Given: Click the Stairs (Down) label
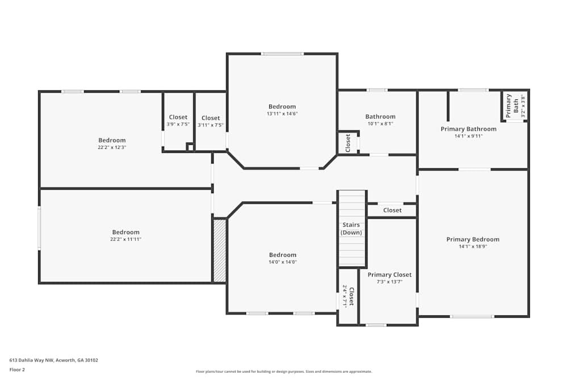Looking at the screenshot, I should coord(351,228).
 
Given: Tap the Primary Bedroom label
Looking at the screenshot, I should coord(473,239).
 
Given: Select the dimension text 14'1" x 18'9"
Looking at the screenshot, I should coord(473,247).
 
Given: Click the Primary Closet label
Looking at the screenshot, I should coord(389,274).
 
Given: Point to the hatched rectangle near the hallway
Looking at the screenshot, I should coord(219,251).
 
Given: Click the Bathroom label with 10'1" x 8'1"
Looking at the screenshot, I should coord(380,116).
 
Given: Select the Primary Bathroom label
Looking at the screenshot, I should coord(468,129).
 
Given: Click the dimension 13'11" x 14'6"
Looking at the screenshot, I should coord(282,114).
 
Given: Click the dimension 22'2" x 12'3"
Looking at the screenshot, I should coord(112,147).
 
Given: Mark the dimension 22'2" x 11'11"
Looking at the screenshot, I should coord(126,239).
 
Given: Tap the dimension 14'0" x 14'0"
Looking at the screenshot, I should coord(282,262).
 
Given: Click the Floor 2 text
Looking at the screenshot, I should coord(17,369).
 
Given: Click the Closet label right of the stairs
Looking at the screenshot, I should coord(392,210).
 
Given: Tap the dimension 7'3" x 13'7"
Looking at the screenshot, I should coord(389,281).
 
